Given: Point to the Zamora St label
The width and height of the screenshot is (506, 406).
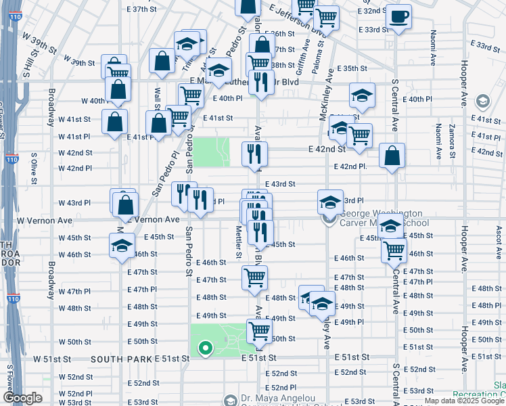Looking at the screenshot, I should [x=451, y=139].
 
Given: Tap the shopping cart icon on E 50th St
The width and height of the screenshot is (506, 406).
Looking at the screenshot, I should [x=259, y=332].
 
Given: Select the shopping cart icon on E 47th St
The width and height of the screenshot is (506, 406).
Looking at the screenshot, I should [x=255, y=277].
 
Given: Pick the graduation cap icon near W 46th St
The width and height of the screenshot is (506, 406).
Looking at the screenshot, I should [x=122, y=246].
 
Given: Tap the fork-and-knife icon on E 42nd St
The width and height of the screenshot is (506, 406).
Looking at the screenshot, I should [x=254, y=154].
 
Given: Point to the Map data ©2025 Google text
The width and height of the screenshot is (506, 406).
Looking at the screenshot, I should [x=464, y=401].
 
